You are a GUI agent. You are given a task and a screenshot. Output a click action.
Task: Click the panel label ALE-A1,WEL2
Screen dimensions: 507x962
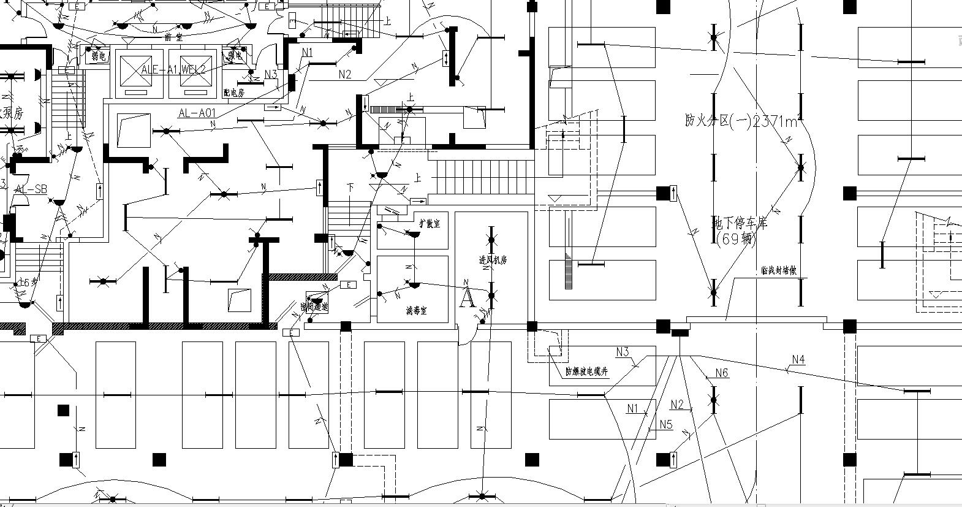(x=173, y=69)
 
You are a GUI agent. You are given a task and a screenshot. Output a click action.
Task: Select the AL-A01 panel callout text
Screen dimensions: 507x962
(x=197, y=113)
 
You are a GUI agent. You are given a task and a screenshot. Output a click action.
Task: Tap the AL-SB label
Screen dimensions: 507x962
(x=31, y=189)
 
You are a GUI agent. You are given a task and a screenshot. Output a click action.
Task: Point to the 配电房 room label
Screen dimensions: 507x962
(x=233, y=93)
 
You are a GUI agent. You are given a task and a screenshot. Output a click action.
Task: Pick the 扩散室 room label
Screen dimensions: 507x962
(x=429, y=224)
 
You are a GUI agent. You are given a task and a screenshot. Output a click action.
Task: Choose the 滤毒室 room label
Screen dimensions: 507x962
(x=416, y=311)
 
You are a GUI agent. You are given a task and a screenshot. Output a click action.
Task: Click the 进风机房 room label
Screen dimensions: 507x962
(x=493, y=260)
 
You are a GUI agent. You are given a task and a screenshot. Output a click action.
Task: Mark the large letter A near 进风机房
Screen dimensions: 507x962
(x=467, y=298)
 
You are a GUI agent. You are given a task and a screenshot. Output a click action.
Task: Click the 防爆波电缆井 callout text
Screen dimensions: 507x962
(x=586, y=372)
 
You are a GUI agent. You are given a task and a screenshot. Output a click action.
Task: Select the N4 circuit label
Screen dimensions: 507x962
(x=798, y=360)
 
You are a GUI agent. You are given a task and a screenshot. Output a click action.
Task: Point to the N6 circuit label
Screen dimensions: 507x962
(x=721, y=373)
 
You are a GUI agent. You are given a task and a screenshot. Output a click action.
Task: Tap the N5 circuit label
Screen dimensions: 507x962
(x=666, y=424)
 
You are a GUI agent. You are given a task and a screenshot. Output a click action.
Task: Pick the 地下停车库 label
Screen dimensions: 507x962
(x=740, y=223)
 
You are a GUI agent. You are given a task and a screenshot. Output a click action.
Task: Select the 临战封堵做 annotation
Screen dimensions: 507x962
(x=778, y=270)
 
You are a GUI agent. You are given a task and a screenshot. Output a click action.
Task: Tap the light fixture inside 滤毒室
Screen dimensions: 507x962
(x=411, y=284)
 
